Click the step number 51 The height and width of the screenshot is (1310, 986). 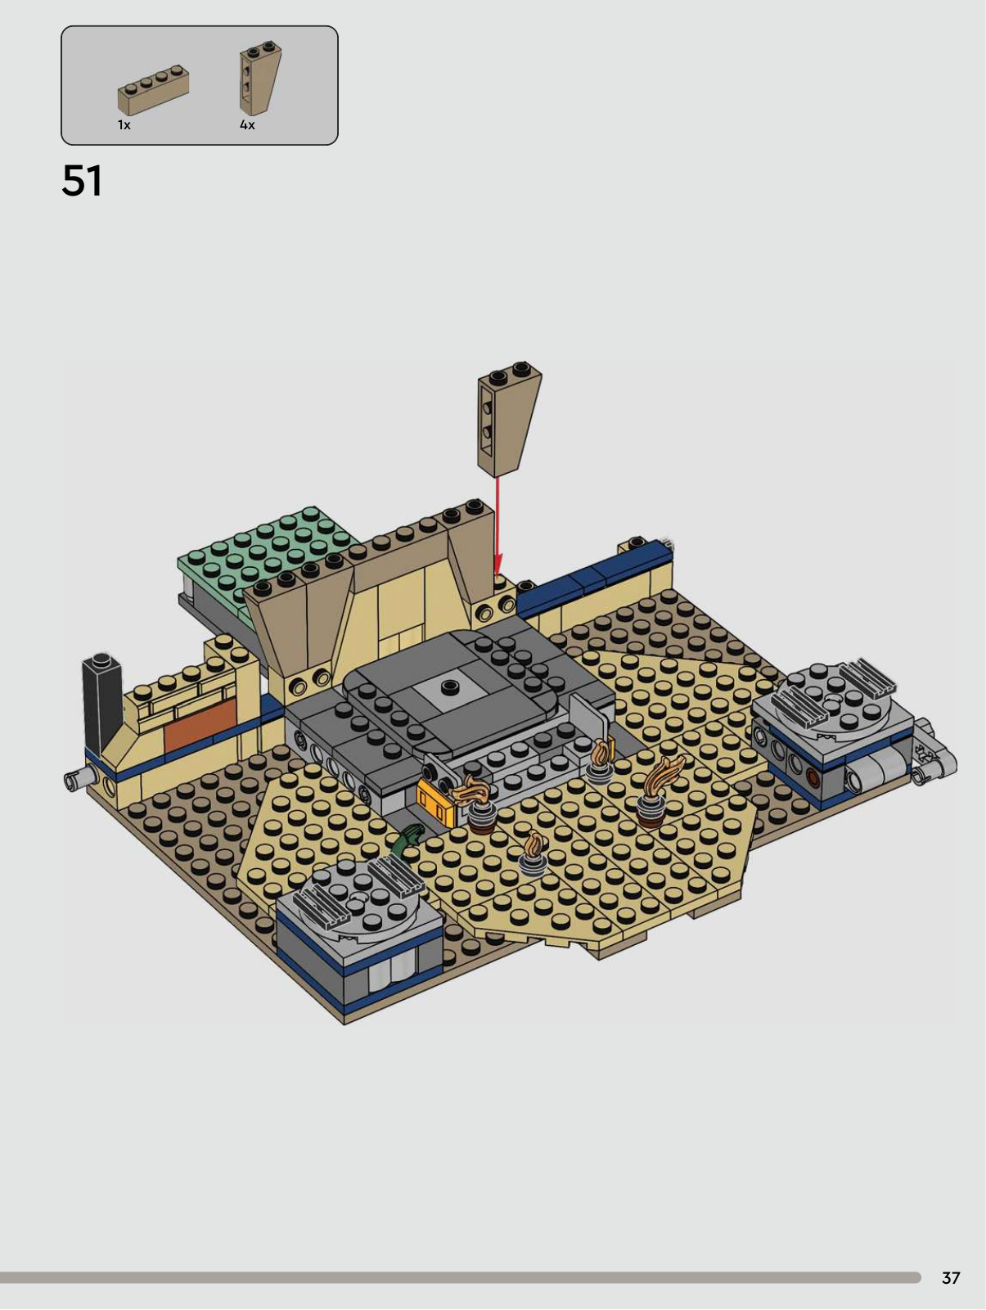pos(82,181)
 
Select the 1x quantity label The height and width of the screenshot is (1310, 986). pos(124,124)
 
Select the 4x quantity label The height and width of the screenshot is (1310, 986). pos(247,124)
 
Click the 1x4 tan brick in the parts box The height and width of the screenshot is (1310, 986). pos(153,89)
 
